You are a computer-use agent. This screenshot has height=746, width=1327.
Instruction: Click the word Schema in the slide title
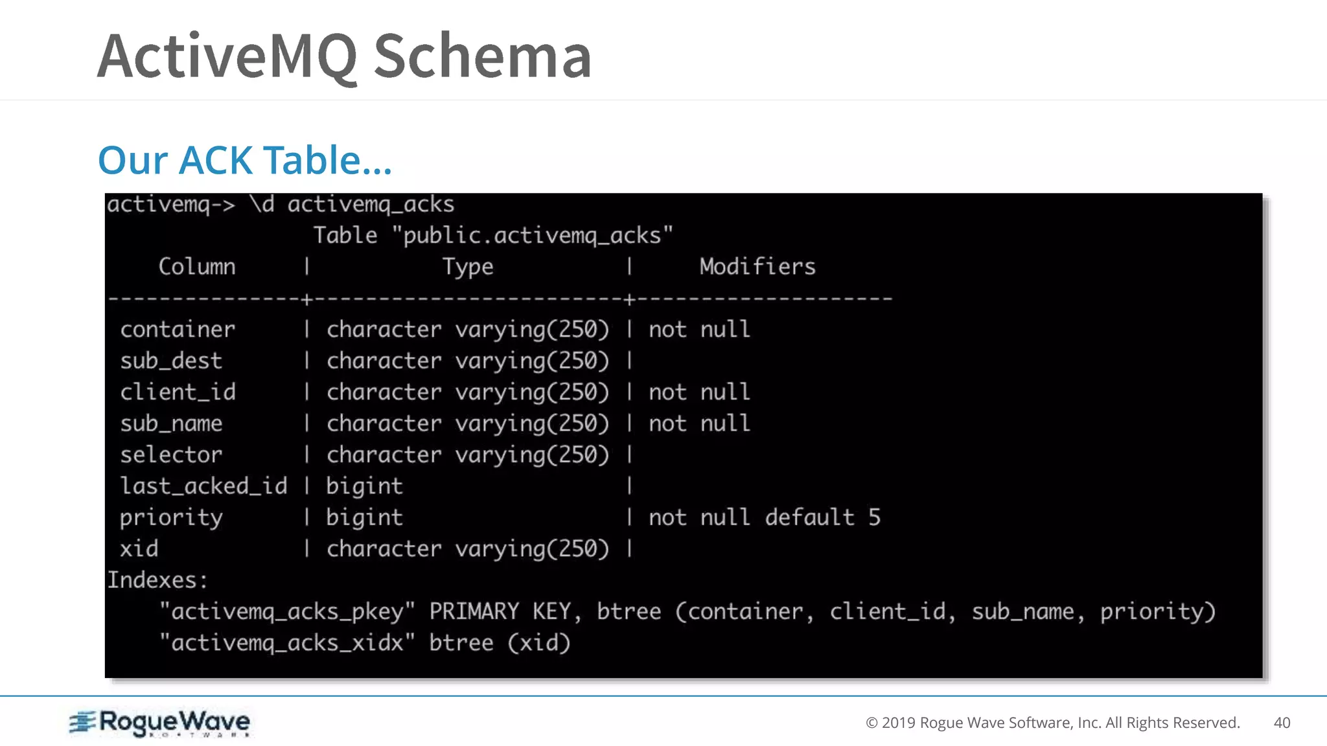pyautogui.click(x=482, y=56)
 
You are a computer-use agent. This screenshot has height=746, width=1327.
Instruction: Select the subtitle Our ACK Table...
pyautogui.click(x=244, y=160)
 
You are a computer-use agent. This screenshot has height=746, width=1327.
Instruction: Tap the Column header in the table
pyautogui.click(x=197, y=267)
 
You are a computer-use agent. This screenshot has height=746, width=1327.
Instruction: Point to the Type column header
pyautogui.click(x=467, y=267)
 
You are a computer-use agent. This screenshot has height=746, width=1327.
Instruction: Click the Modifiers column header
pyautogui.click(x=757, y=267)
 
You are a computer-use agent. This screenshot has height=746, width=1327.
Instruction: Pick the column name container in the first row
pyautogui.click(x=178, y=330)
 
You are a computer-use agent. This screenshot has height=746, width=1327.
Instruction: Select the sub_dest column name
pyautogui.click(x=171, y=361)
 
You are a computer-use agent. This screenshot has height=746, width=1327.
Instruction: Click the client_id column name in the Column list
pyautogui.click(x=178, y=392)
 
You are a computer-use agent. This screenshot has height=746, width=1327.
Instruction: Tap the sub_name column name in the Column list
pyautogui.click(x=171, y=424)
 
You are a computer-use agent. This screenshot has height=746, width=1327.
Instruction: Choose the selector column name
pyautogui.click(x=171, y=455)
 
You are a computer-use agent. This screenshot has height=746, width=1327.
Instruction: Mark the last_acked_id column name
pyautogui.click(x=203, y=486)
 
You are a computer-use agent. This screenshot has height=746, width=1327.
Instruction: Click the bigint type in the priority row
pyautogui.click(x=364, y=517)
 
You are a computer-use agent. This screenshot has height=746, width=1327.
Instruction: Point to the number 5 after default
pyautogui.click(x=874, y=517)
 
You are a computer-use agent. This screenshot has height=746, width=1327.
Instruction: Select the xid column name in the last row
pyautogui.click(x=139, y=549)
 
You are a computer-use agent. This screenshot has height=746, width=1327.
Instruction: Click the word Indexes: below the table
pyautogui.click(x=157, y=580)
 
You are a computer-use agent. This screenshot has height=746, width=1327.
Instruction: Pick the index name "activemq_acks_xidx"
pyautogui.click(x=286, y=643)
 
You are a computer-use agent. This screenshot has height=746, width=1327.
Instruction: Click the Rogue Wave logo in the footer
pyautogui.click(x=159, y=723)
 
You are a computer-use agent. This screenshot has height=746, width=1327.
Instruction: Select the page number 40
pyautogui.click(x=1282, y=723)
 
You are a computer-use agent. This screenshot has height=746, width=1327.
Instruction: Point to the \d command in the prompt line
pyautogui.click(x=262, y=205)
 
